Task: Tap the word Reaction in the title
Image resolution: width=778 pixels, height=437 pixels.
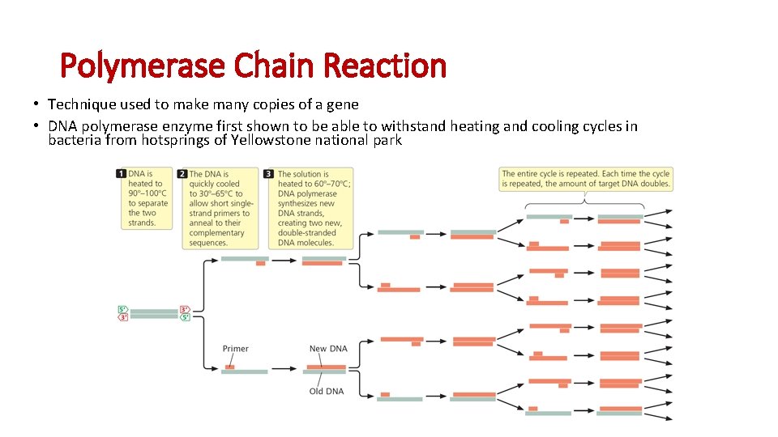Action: tap(385, 66)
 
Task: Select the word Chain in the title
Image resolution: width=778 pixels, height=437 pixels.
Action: tap(277, 66)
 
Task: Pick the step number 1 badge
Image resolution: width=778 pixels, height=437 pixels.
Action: tap(122, 173)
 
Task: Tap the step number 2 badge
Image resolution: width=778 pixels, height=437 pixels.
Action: tap(183, 173)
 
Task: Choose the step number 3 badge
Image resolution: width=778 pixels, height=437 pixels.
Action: tap(271, 173)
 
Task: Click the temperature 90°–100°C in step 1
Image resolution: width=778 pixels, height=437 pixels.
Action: tap(147, 193)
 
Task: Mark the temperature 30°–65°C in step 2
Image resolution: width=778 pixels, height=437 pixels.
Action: tap(216, 193)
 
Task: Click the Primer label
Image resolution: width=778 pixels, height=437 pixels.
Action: tap(235, 349)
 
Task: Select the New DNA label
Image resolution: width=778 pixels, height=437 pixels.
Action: tap(328, 349)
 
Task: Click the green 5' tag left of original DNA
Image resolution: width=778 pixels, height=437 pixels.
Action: tap(122, 309)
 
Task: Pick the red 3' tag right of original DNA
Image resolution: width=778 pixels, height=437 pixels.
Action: tap(185, 309)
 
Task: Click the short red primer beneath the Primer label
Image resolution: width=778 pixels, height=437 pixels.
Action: tap(230, 367)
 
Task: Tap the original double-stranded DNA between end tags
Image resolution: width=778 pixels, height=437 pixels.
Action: tap(153, 313)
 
